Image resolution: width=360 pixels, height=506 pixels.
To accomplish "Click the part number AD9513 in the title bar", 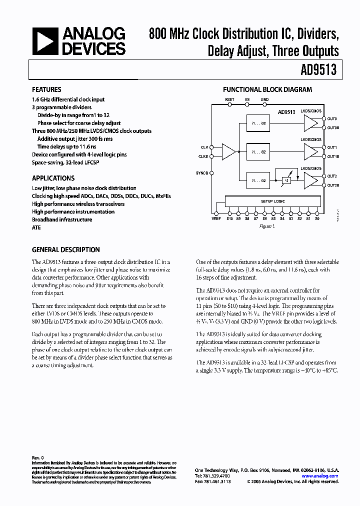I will pyautogui.click(x=318, y=70).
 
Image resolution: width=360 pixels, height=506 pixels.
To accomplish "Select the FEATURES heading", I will pyautogui.click(x=46, y=90).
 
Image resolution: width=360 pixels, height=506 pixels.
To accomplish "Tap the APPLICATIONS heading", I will pyautogui.click(x=53, y=178).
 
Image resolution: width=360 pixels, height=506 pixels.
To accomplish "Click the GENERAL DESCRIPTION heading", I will pyautogui.click(x=65, y=249).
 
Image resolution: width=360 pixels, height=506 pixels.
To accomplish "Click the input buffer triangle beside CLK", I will pyautogui.click(x=228, y=151).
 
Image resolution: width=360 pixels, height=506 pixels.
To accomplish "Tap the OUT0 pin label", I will pyautogui.click(x=332, y=118).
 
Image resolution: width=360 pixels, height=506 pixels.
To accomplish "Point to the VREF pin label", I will pyautogui.click(x=216, y=218).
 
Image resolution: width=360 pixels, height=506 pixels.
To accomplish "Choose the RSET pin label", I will pyautogui.click(x=229, y=100).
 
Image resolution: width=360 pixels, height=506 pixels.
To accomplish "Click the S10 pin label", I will pyautogui.click(x=229, y=218).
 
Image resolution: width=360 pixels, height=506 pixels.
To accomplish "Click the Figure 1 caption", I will pyautogui.click(x=267, y=226).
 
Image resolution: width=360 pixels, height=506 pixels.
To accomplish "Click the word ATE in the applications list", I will pyautogui.click(x=36, y=227).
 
